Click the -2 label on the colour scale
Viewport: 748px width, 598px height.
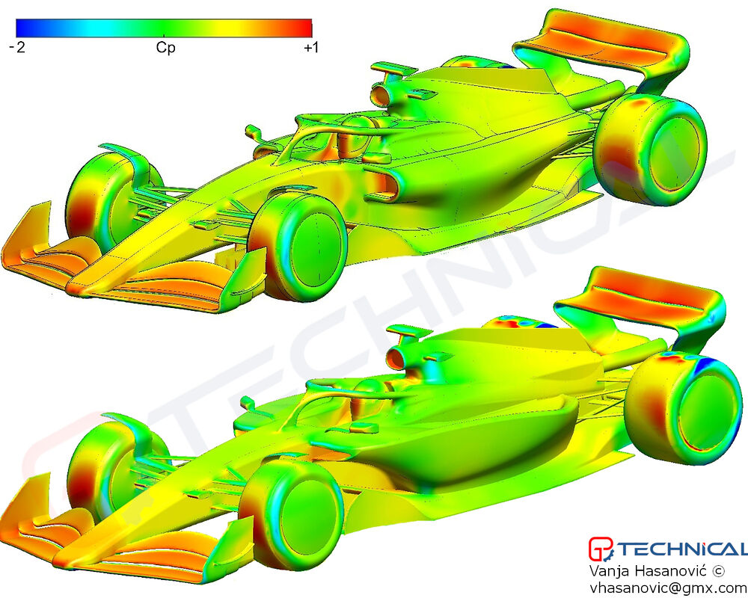click(x=17, y=47)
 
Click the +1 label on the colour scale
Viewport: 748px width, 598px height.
click(x=310, y=47)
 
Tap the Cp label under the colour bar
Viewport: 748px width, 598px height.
click(x=165, y=47)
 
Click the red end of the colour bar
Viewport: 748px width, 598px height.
click(x=305, y=28)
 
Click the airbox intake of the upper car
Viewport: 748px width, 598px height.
click(x=380, y=95)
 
